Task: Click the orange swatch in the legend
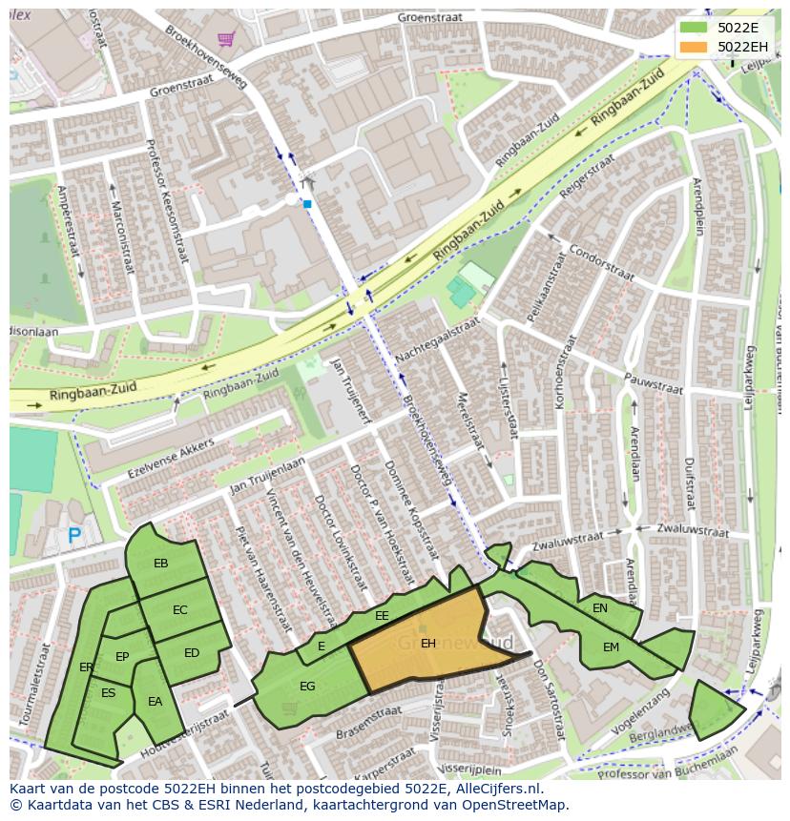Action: point(694,46)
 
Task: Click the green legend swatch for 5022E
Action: point(694,27)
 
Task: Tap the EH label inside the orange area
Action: point(428,644)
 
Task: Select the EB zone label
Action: point(160,564)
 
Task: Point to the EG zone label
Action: point(307,686)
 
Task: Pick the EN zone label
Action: point(600,607)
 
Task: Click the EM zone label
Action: point(611,647)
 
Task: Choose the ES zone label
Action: point(108,693)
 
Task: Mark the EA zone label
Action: point(155,702)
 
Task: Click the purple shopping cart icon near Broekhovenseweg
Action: point(225,39)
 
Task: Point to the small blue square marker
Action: point(307,203)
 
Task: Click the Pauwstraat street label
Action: point(654,383)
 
